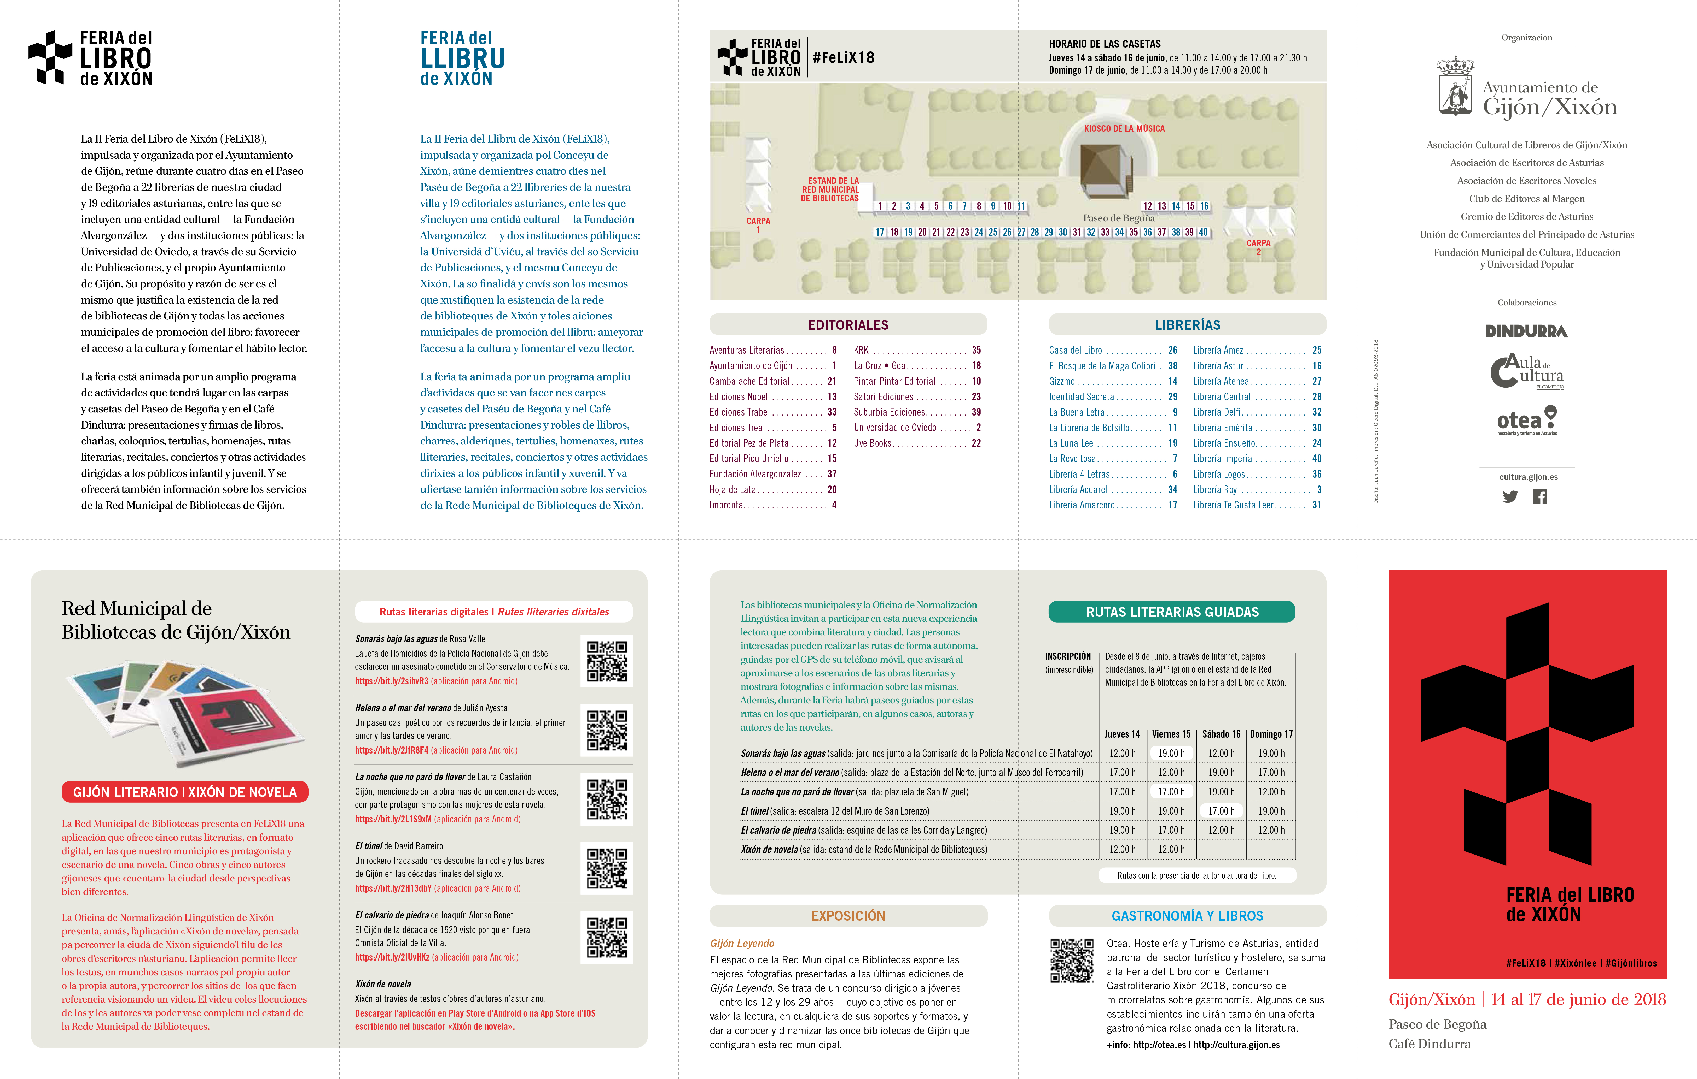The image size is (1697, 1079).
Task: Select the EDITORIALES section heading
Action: (848, 325)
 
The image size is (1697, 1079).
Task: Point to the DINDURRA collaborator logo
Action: (1526, 331)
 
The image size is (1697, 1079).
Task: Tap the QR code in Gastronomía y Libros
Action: (1071, 960)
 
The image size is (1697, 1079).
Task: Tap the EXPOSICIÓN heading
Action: (848, 916)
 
